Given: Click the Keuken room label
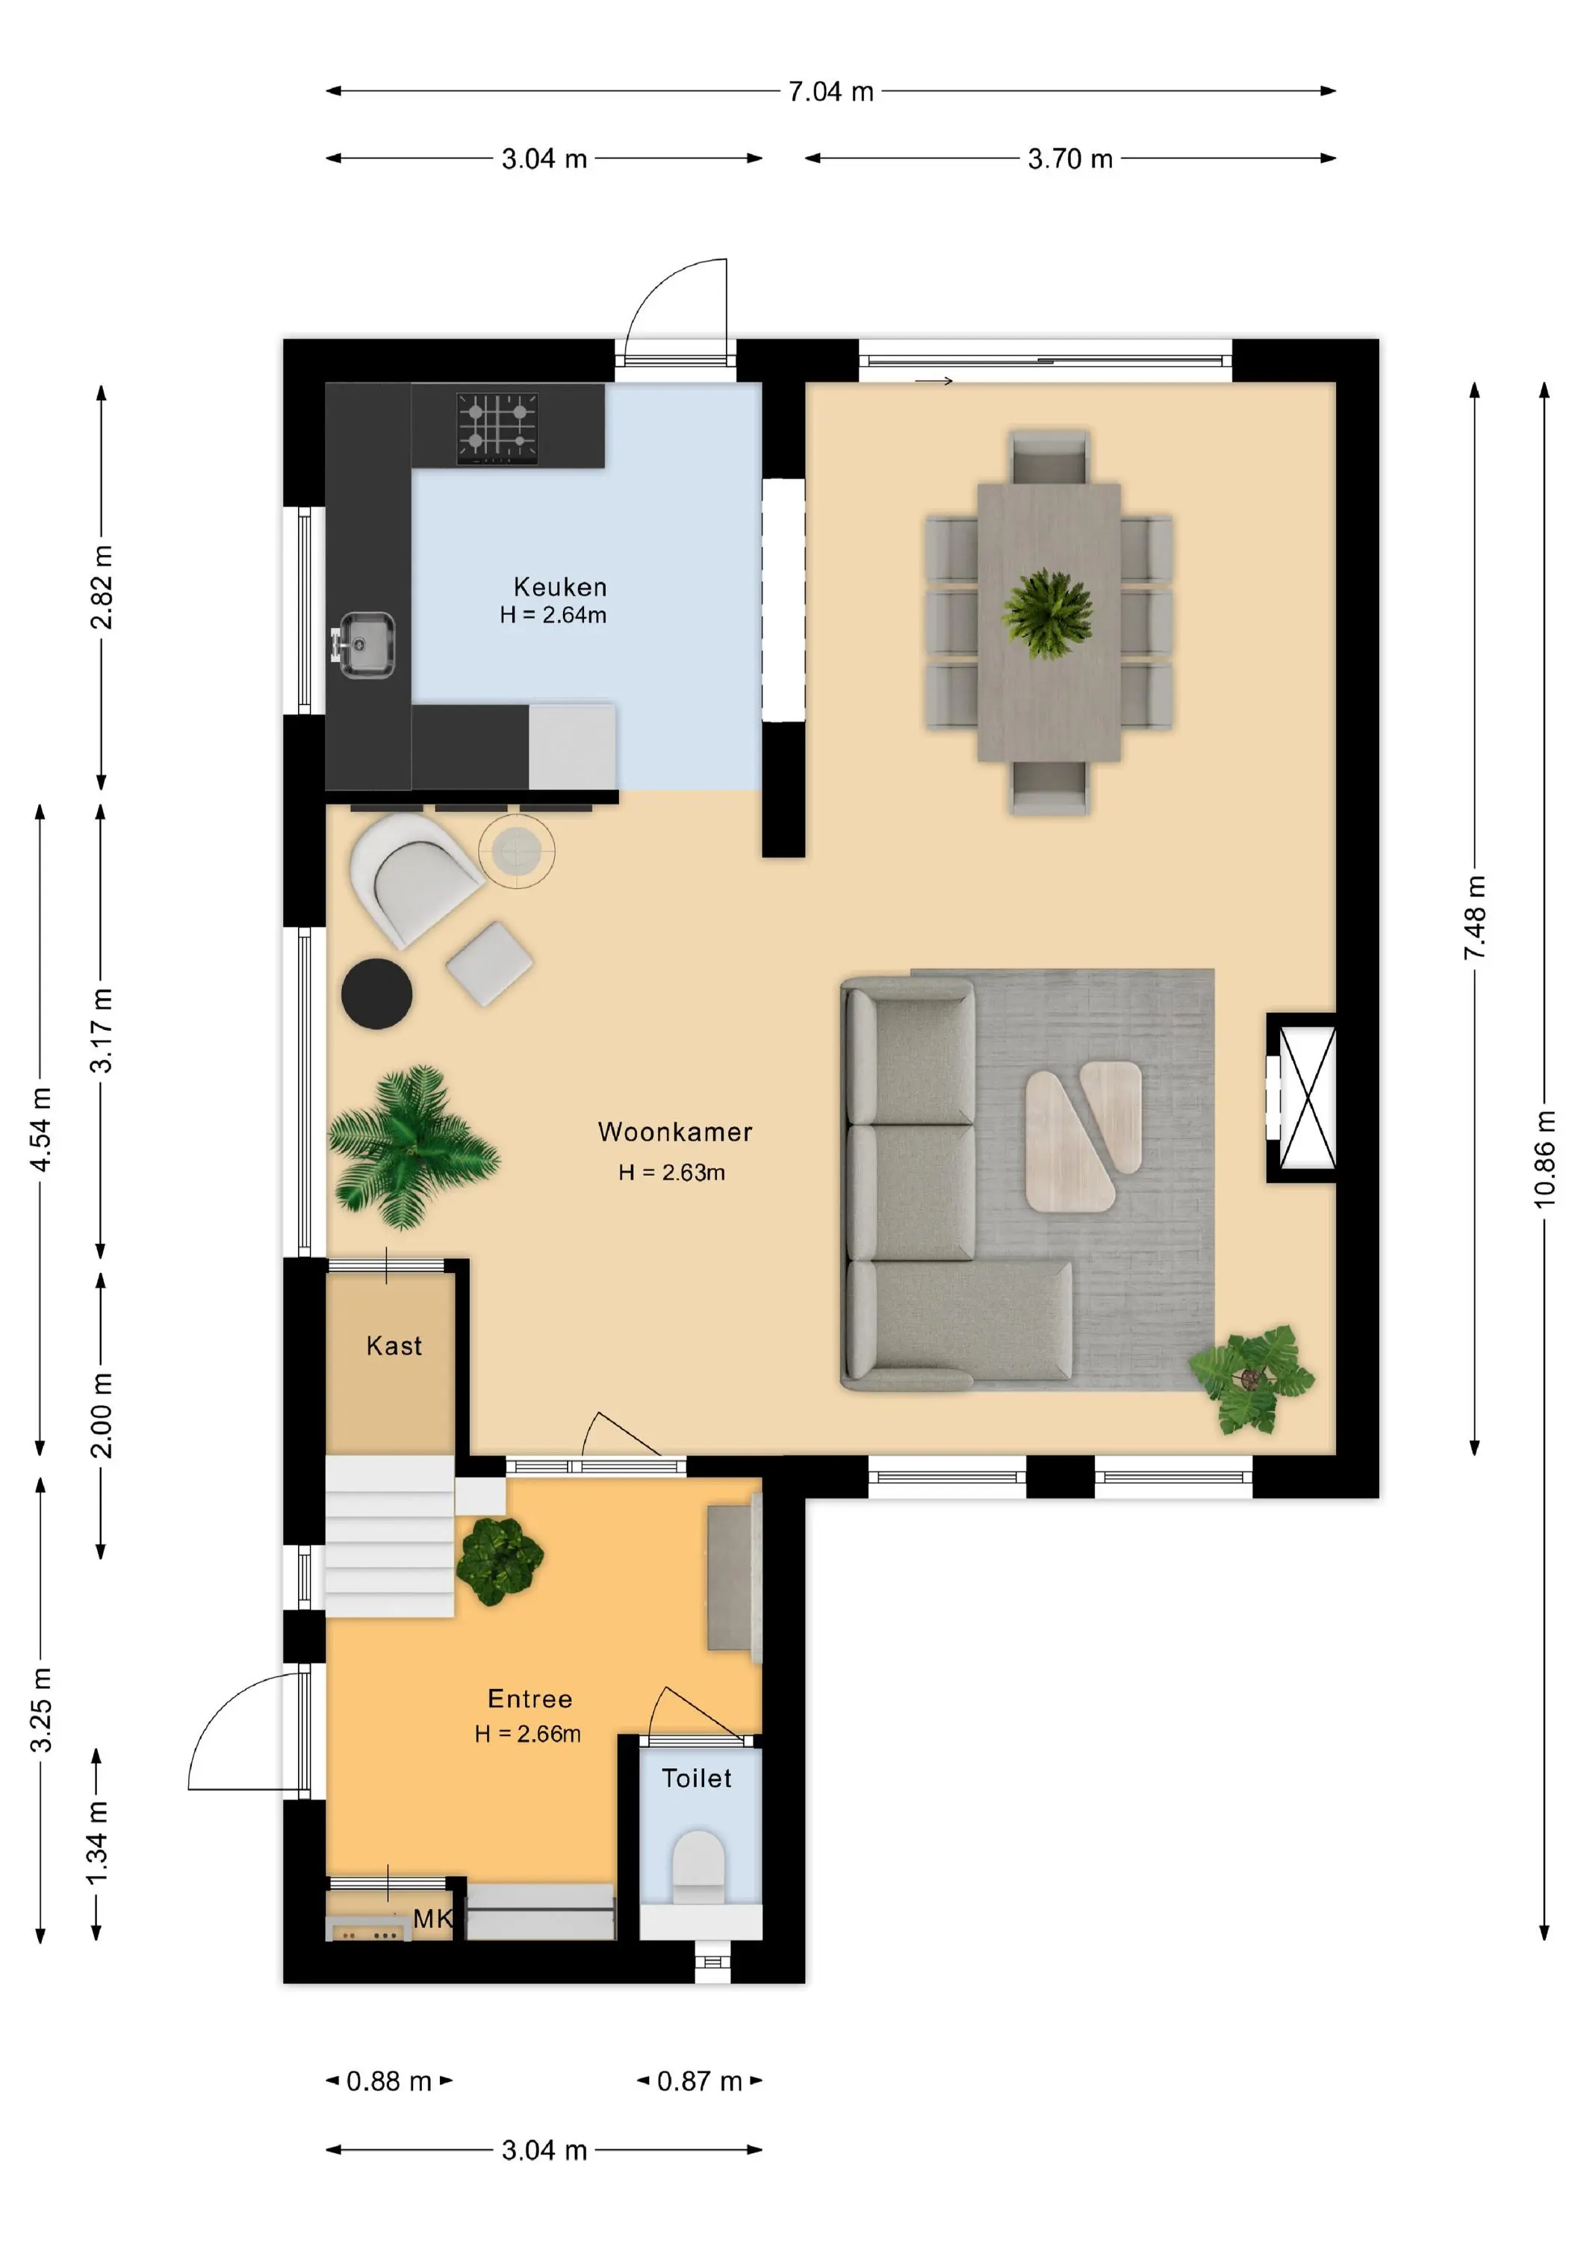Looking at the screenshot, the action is pos(559,586).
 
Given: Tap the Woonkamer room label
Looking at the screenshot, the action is pos(674,1132).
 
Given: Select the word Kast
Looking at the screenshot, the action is pos(394,1346).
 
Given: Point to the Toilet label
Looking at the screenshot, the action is pos(696,1779).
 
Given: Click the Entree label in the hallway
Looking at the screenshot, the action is pos(530,1699).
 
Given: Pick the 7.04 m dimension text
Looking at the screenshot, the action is pos(830,92).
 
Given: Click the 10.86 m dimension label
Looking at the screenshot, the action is pos(1544,1159).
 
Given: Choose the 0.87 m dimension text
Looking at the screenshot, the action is pos(699,2081).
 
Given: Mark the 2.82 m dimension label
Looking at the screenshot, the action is pos(101,586).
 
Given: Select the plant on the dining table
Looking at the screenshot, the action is pos(1047,614).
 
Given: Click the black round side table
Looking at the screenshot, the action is pos(376,994).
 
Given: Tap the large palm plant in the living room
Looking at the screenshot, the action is pos(411,1146).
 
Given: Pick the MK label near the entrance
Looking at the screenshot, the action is pos(432,1919).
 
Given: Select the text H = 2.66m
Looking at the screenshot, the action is pos(527,1734).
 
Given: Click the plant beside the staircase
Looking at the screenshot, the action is pos(500,1560).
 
